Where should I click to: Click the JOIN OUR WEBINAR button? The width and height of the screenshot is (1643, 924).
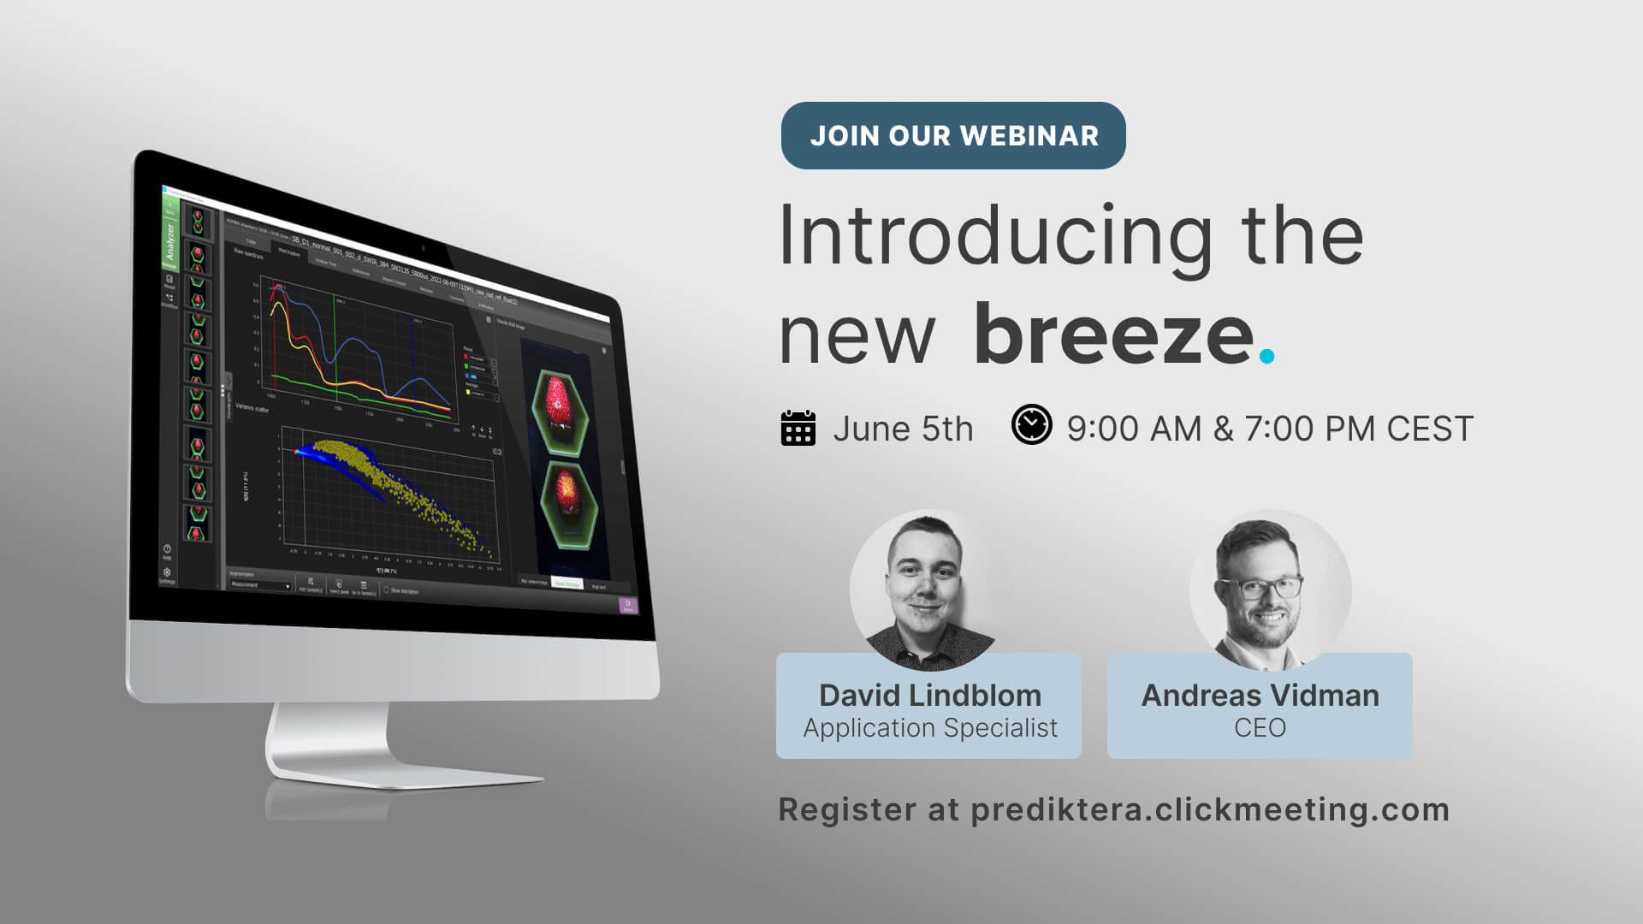coord(952,135)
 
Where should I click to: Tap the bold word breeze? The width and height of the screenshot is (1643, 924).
coord(1113,335)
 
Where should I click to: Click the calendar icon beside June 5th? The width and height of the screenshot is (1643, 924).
coord(798,428)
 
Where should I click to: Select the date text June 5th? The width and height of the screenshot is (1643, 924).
coord(903,429)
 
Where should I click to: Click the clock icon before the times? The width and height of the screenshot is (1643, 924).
coord(1031,424)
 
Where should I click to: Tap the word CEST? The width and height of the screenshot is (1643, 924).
coord(1430,429)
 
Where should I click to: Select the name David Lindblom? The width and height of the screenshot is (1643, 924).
coord(929,696)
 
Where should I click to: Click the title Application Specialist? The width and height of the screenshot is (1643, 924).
coord(929,728)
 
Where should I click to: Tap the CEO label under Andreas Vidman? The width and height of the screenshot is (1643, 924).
coord(1260,728)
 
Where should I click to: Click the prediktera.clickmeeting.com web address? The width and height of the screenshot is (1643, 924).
coord(1210,809)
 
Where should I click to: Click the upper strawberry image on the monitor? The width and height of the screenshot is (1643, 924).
coord(559,402)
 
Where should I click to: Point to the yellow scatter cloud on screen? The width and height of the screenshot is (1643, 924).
coord(402,488)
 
